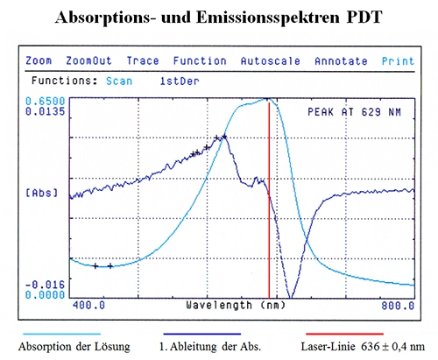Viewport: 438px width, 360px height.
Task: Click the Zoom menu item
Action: (x=39, y=61)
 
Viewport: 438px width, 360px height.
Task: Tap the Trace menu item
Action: (x=142, y=61)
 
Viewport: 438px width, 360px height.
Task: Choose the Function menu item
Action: (x=199, y=61)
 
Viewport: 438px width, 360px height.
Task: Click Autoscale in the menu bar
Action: (x=271, y=61)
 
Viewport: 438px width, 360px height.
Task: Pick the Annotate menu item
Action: (x=342, y=61)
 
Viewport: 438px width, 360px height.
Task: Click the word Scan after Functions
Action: (x=119, y=79)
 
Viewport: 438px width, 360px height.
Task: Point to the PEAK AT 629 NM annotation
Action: (x=358, y=112)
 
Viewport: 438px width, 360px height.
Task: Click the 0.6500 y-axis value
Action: (x=46, y=102)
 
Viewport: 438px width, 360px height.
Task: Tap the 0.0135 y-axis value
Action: (x=46, y=111)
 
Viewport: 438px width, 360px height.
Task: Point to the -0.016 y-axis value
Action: (x=46, y=285)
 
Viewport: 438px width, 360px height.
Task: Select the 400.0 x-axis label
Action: (x=88, y=307)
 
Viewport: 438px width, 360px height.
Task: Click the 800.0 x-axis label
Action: (x=397, y=307)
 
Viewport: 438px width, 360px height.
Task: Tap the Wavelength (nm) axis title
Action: (x=236, y=307)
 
